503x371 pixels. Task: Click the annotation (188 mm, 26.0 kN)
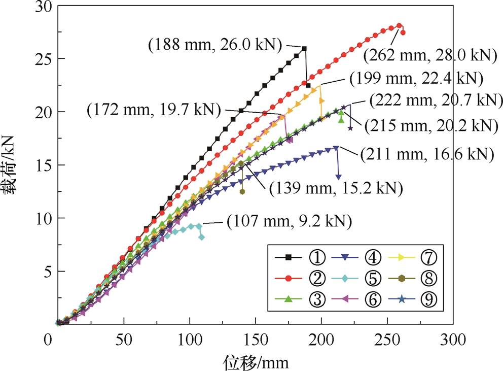[x=215, y=45]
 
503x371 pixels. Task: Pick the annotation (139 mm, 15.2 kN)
[x=336, y=188]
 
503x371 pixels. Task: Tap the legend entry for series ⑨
[x=415, y=299]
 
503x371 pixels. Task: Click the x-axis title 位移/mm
[x=257, y=361]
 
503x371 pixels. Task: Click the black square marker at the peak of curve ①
[x=304, y=49]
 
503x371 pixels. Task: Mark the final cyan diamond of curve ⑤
[x=202, y=237]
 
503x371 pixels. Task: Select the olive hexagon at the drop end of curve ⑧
[x=242, y=191]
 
